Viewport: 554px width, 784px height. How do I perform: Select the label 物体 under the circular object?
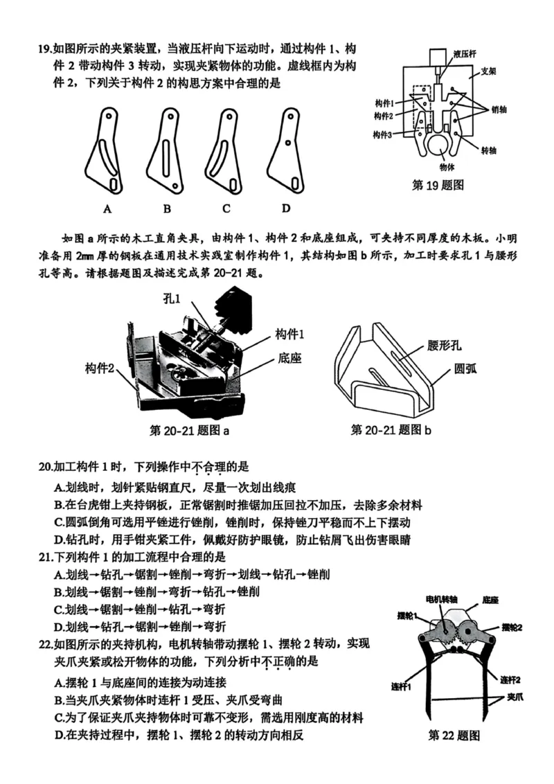tap(447, 167)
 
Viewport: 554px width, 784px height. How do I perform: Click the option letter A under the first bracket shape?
tap(107, 208)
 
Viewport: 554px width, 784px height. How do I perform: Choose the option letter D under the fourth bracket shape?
tap(286, 208)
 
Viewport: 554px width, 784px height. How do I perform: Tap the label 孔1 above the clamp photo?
tap(171, 299)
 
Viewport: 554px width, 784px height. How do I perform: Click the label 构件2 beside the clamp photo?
tap(100, 367)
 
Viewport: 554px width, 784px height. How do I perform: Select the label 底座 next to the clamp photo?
tap(291, 358)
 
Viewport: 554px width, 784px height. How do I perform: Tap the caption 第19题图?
tap(438, 186)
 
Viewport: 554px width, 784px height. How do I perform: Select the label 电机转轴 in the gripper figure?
tap(441, 599)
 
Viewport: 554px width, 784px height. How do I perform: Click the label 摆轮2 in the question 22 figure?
tap(511, 627)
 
